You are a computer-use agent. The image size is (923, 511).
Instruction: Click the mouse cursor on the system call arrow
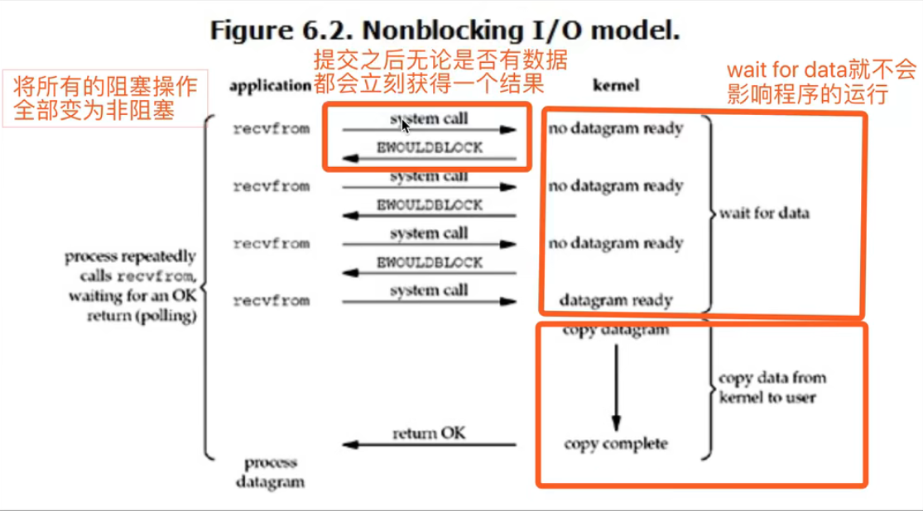tap(405, 125)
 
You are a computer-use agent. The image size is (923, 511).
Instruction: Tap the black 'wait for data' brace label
tap(763, 213)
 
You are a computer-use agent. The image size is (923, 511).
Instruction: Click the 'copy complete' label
tap(615, 444)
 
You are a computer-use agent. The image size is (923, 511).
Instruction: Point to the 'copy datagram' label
tap(615, 332)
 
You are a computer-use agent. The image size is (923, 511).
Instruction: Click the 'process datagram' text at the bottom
tap(270, 471)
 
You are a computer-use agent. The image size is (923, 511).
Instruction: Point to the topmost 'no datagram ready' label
tap(615, 130)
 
